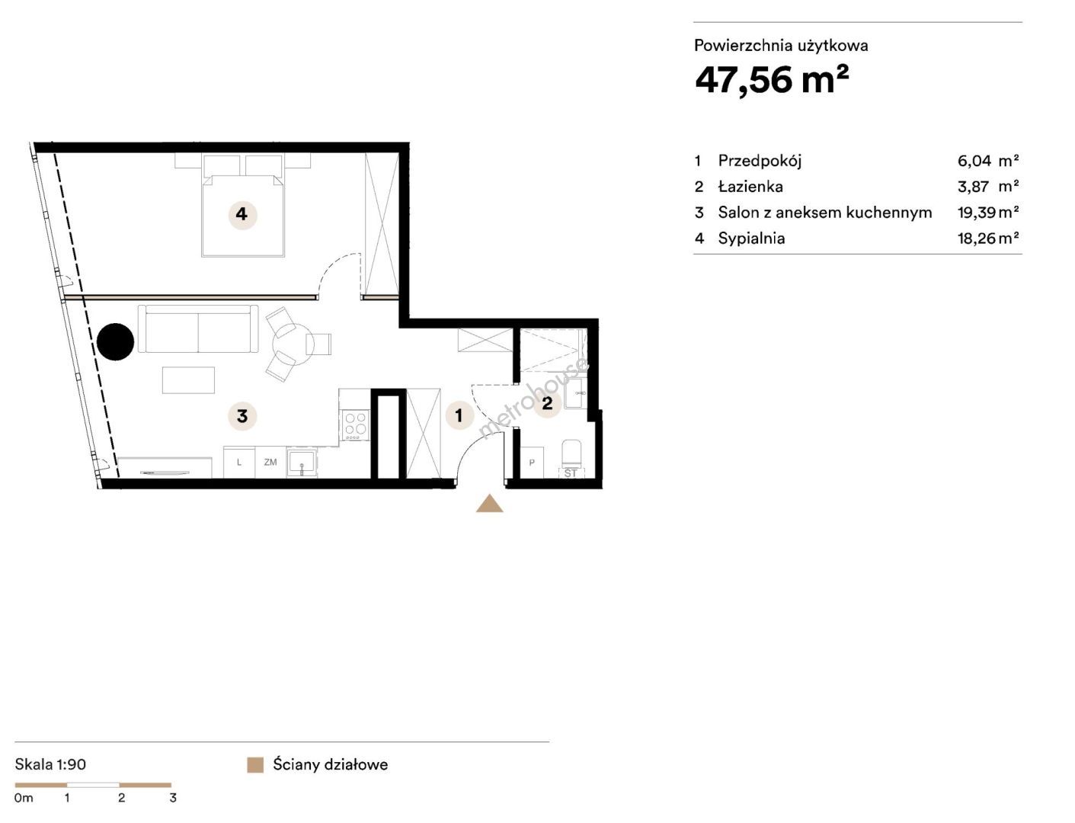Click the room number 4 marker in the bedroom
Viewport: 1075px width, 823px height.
click(242, 214)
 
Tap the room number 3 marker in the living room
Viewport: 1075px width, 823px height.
click(242, 416)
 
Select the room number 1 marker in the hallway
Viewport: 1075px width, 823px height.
click(459, 415)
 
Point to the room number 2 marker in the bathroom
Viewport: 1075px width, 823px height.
click(547, 403)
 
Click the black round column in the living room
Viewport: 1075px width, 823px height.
click(115, 341)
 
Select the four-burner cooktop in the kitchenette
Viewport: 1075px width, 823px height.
click(356, 424)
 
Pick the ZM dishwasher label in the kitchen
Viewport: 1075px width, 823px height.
click(270, 462)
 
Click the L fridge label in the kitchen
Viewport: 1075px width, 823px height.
click(239, 462)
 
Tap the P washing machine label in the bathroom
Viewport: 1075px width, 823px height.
click(532, 463)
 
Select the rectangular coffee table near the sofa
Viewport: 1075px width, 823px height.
click(188, 380)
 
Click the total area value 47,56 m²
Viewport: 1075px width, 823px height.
click(771, 80)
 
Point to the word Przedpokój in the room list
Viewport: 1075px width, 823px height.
click(760, 161)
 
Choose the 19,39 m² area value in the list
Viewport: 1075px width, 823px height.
click(988, 213)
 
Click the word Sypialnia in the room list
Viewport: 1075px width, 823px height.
click(751, 239)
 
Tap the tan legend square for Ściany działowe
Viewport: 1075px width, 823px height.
click(255, 765)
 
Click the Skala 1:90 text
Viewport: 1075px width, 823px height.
click(50, 764)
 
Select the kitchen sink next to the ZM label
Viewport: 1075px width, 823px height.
click(302, 463)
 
